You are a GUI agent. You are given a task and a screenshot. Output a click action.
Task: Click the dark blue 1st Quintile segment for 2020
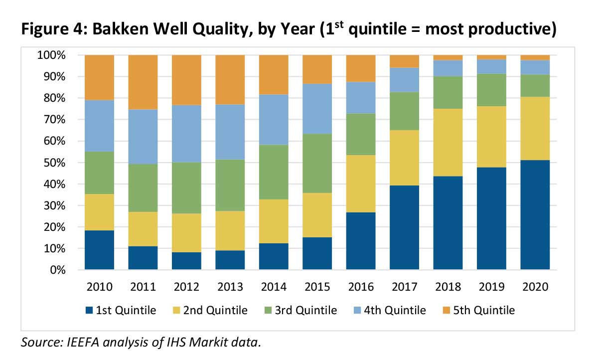pyautogui.click(x=535, y=215)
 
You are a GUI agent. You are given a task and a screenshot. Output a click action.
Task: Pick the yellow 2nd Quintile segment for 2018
pyautogui.click(x=448, y=142)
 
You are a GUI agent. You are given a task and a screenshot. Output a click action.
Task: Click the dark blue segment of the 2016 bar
pyautogui.click(x=360, y=241)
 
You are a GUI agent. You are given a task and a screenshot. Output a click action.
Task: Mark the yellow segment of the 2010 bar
pyautogui.click(x=100, y=212)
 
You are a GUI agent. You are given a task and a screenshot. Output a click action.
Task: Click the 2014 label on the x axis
pyautogui.click(x=274, y=287)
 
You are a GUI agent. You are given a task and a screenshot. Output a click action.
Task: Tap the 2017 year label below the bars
pyautogui.click(x=404, y=287)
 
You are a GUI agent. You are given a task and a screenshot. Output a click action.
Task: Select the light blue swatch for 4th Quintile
pyautogui.click(x=358, y=311)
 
